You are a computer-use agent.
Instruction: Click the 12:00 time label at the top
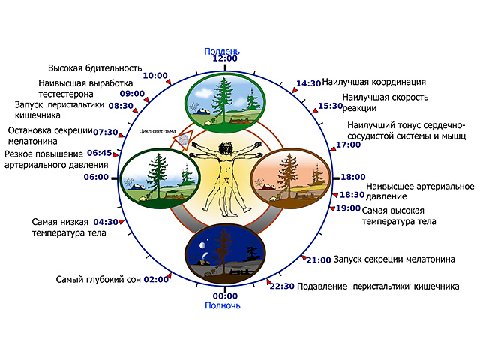click(225, 58)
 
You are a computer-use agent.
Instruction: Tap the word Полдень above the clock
click(224, 49)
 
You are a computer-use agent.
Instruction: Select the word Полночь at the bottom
click(224, 305)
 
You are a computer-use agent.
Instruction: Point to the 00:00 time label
click(224, 295)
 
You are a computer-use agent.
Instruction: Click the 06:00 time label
click(96, 178)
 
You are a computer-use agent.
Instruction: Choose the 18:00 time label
click(353, 178)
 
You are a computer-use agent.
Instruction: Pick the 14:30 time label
click(309, 83)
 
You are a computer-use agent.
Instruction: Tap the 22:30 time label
click(282, 286)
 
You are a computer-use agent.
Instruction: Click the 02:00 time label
click(156, 279)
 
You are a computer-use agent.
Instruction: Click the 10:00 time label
click(155, 76)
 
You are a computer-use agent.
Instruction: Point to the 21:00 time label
click(319, 259)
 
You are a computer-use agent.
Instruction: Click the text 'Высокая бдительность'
click(95, 67)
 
